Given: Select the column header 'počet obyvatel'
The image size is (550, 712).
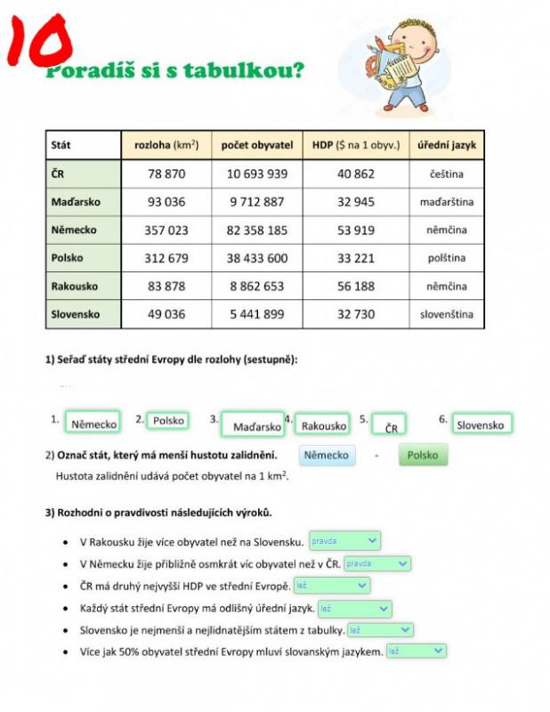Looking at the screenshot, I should [x=257, y=145].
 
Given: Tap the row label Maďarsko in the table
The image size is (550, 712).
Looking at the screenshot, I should [x=76, y=202].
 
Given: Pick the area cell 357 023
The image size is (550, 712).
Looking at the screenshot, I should [x=166, y=231].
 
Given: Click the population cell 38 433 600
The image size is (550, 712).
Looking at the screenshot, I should [x=258, y=258].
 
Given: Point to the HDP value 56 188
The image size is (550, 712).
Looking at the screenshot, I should [x=356, y=287].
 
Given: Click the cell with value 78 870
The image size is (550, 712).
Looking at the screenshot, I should [x=166, y=174].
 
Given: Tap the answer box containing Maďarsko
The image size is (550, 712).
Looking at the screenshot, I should [x=252, y=426].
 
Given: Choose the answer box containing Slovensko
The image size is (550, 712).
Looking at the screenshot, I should [x=480, y=425].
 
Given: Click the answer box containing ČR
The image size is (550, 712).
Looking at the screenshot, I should [x=391, y=426].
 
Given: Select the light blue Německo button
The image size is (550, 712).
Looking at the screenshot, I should [x=326, y=456].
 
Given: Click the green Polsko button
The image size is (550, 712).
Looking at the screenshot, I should [x=423, y=456].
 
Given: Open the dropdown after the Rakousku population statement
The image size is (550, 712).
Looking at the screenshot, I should [x=344, y=540].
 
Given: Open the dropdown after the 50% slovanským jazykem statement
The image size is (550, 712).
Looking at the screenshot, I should [x=416, y=651].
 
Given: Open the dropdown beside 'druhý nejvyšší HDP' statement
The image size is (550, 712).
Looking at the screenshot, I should [x=331, y=586].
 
